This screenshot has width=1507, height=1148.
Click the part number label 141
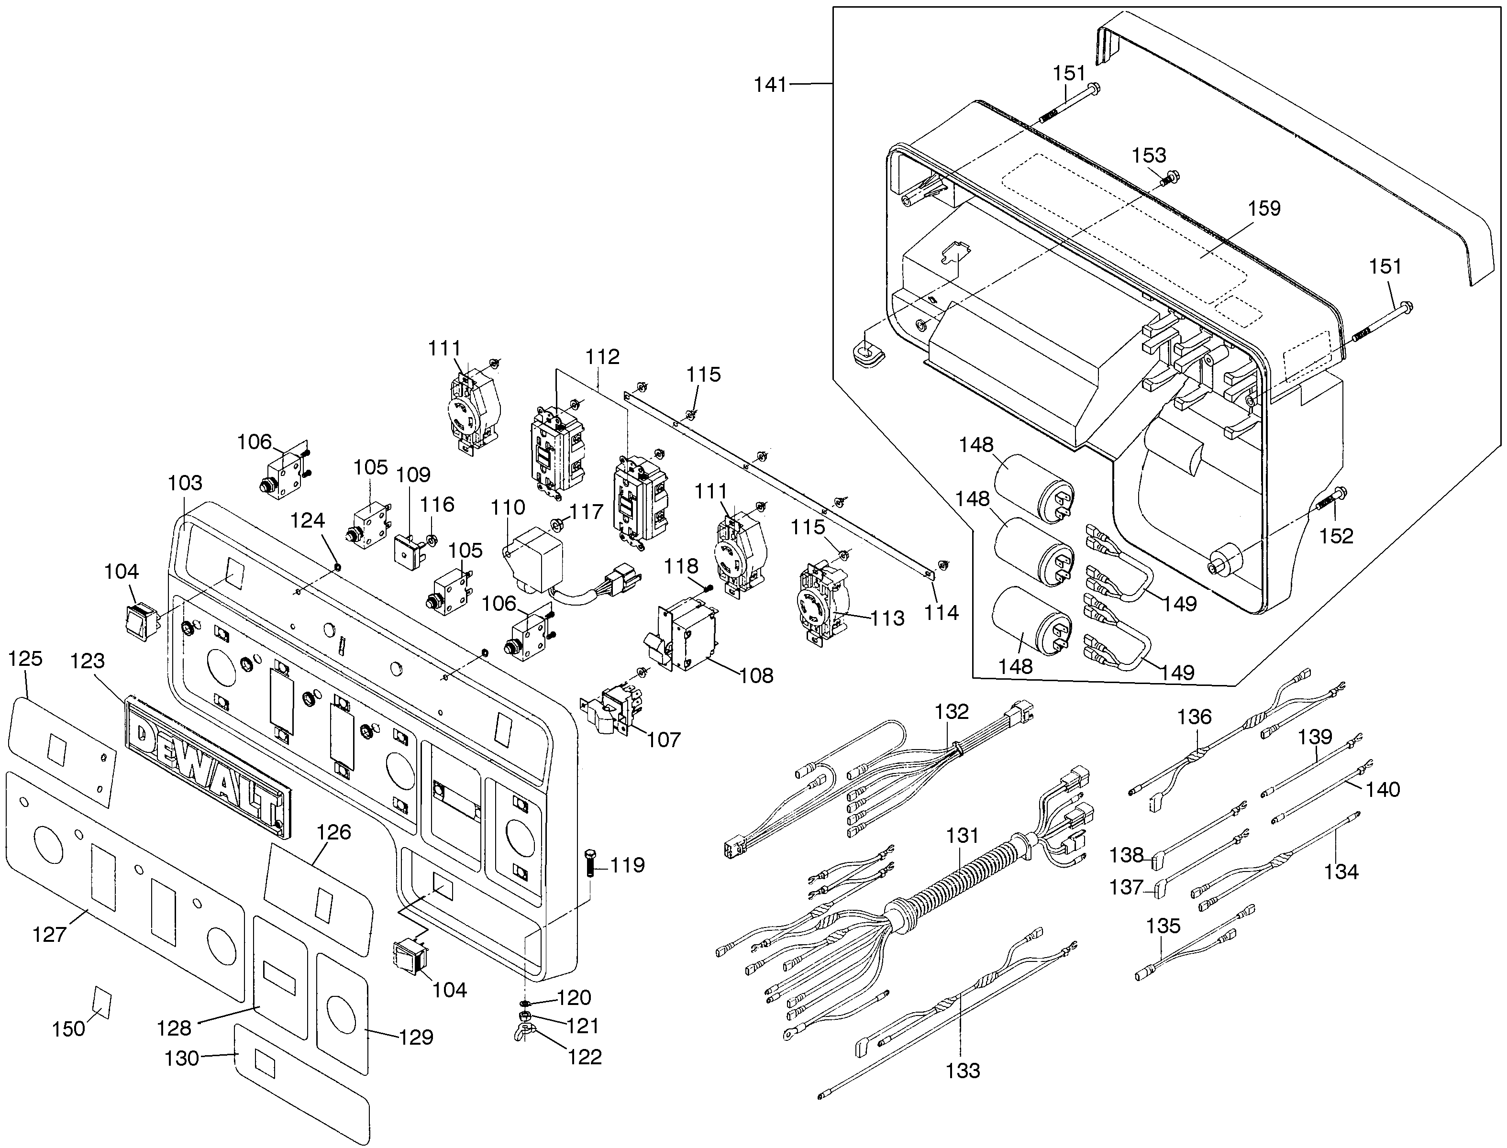coord(771,86)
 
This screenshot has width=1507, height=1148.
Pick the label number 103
coord(185,483)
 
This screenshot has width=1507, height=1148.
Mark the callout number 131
coord(962,835)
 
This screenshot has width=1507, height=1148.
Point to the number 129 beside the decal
coord(416,1038)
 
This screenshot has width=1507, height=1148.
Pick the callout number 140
coord(1383,789)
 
